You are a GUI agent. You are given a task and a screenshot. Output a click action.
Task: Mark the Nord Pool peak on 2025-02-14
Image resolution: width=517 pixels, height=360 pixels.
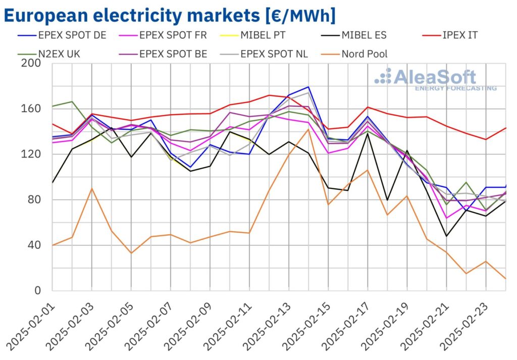pos(308,129)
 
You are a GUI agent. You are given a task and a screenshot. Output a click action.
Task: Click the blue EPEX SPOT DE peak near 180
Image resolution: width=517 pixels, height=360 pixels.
pos(308,87)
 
